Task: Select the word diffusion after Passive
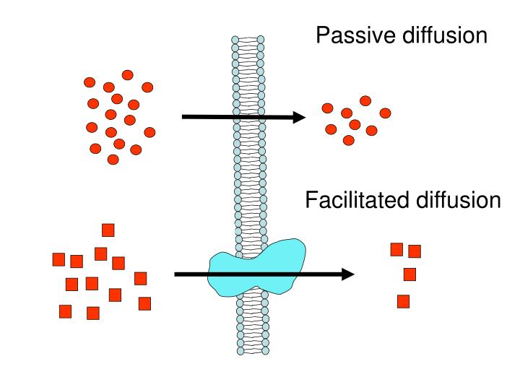444,35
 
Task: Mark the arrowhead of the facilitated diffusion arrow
347,274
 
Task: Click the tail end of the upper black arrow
184,116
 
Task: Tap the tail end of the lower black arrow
177,274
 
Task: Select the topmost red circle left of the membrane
128,74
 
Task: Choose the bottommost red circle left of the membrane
113,159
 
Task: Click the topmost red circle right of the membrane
365,100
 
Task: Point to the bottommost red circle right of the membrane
349,140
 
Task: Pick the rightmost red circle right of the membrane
385,113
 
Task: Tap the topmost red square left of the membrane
108,230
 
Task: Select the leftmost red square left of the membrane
59,259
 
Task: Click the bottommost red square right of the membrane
403,301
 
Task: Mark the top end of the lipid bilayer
248,38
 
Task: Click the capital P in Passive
323,35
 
